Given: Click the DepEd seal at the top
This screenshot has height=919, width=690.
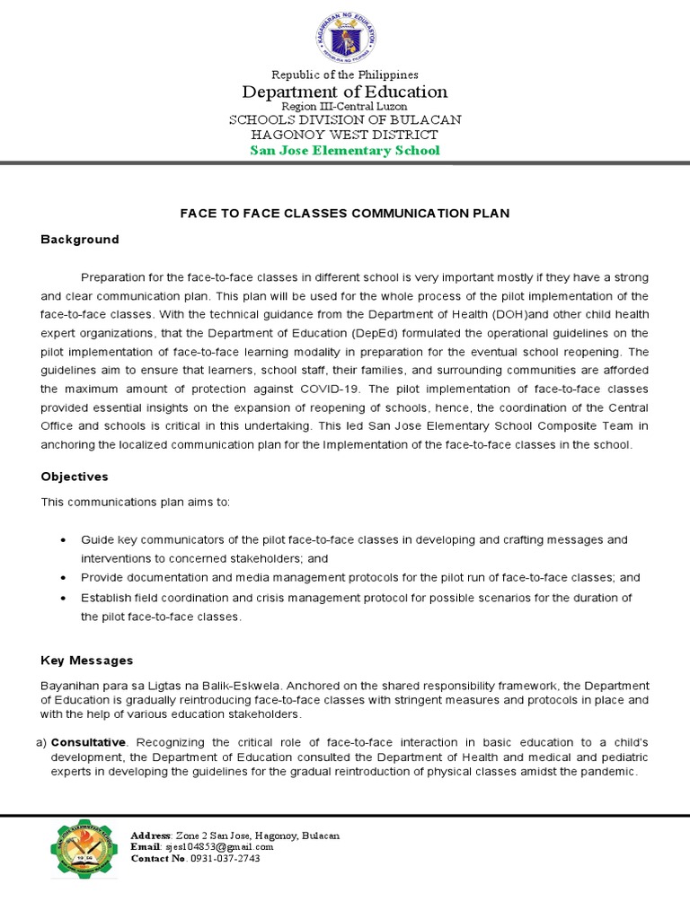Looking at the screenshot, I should [345, 38].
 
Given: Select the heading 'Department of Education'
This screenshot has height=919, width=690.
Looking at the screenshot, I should [345, 92].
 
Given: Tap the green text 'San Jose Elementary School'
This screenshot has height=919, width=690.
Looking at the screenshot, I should [345, 150].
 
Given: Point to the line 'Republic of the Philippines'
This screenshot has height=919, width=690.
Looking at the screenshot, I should [345, 74].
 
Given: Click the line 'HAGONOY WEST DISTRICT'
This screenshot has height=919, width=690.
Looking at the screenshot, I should [345, 135].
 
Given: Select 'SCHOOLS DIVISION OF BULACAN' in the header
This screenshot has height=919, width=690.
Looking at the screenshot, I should [345, 119].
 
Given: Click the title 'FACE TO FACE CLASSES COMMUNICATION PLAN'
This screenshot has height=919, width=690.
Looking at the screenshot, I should [345, 214].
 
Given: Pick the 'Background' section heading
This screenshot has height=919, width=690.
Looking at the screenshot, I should [80, 240].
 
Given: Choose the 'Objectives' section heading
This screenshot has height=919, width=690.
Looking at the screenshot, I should [75, 477].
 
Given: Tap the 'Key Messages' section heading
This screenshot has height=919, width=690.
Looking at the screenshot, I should [87, 661].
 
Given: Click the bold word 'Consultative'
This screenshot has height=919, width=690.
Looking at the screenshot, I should [90, 743].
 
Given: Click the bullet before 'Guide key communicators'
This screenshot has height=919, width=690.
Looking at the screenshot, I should [62, 540].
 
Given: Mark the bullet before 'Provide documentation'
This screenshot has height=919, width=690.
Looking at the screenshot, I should [62, 578].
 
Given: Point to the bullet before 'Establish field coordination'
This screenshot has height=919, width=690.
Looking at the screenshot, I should [62, 598].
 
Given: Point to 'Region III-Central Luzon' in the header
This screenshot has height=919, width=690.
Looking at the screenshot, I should [345, 107].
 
